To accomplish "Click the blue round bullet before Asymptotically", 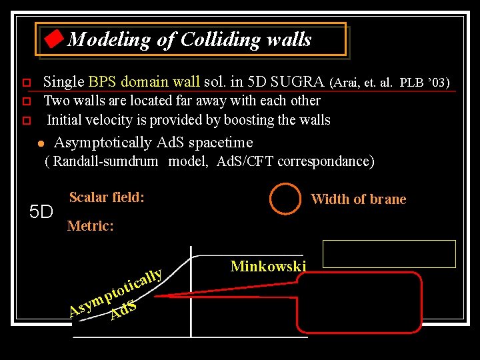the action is click(x=40, y=143).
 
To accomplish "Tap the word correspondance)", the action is click(x=330, y=161).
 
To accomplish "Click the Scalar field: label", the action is click(x=107, y=197).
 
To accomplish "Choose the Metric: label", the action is click(x=90, y=226).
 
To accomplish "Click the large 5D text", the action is click(x=41, y=212).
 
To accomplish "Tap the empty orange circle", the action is click(x=285, y=198).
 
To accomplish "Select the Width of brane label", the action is click(x=358, y=199).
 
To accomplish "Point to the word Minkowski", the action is click(x=268, y=267).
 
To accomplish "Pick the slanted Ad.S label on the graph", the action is click(x=124, y=310).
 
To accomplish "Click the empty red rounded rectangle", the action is click(x=360, y=302).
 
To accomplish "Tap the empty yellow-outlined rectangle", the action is click(x=389, y=253).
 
